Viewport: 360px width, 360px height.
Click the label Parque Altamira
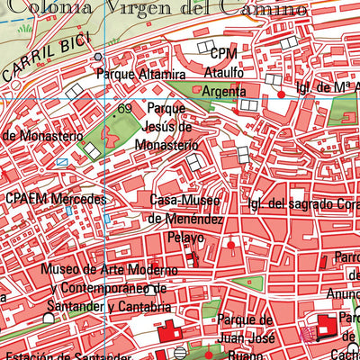coord(139,74)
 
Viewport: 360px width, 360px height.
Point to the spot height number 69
coord(124,109)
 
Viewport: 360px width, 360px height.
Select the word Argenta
coord(223,93)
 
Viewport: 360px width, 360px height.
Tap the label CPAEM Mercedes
coord(55,199)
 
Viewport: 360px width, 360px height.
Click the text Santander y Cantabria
coord(111,308)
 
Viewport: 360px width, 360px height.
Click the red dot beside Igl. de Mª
coord(281,94)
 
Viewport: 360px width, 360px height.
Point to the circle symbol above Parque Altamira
coord(98,57)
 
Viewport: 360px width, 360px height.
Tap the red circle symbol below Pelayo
coord(232,244)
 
